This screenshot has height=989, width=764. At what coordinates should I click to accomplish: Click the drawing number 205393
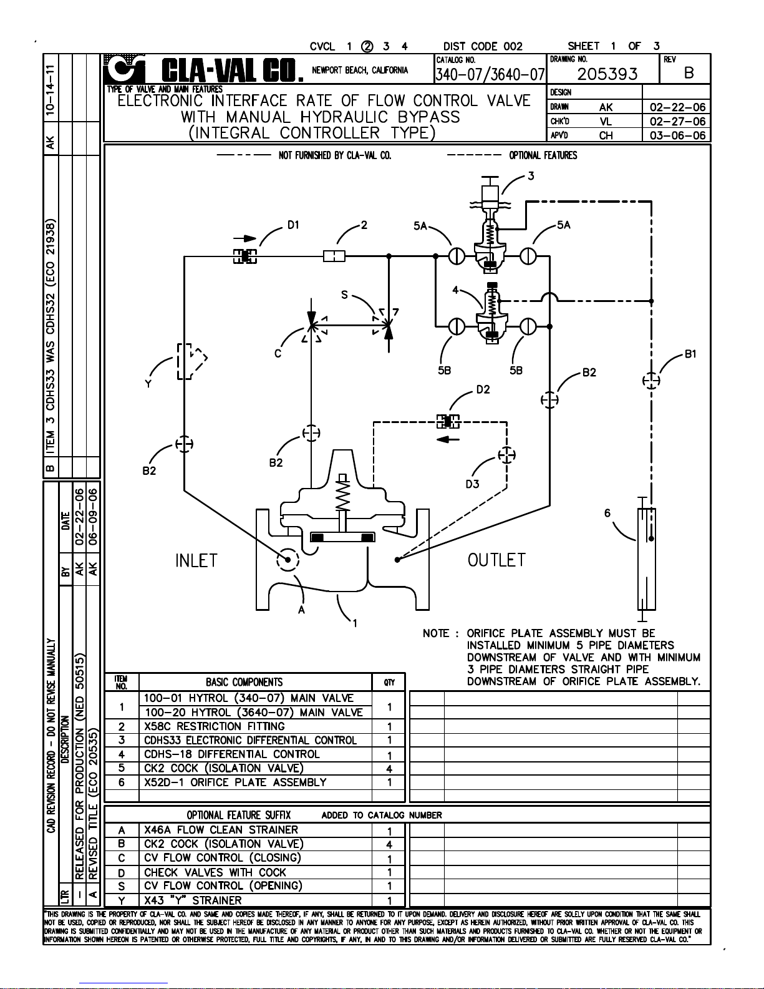[607, 74]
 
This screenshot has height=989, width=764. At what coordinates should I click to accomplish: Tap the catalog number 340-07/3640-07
[490, 75]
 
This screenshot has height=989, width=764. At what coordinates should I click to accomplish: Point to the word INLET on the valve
[196, 560]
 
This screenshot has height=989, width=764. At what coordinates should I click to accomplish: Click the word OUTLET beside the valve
[496, 560]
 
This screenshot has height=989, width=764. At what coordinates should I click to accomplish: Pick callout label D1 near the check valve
[293, 225]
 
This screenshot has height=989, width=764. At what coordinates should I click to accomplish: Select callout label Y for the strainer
[148, 384]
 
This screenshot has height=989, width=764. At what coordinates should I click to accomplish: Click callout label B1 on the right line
[690, 354]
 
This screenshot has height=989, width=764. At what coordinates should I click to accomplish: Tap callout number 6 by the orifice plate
[607, 513]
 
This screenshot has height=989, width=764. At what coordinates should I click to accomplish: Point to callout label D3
[472, 484]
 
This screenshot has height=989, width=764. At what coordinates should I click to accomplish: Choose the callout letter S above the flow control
[344, 295]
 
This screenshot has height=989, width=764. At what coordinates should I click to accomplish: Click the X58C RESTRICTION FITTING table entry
[214, 726]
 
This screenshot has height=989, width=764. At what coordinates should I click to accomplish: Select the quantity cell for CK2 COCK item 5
[389, 769]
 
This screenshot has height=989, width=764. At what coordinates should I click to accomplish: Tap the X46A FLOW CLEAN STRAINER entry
[221, 830]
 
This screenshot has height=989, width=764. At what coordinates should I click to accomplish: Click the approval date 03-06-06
[677, 135]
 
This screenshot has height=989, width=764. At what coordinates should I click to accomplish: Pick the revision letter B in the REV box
[689, 74]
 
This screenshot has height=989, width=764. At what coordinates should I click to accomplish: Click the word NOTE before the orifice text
[436, 634]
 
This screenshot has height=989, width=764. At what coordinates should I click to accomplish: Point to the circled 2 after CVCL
[367, 46]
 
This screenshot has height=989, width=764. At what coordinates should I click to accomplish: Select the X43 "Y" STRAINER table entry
[192, 900]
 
